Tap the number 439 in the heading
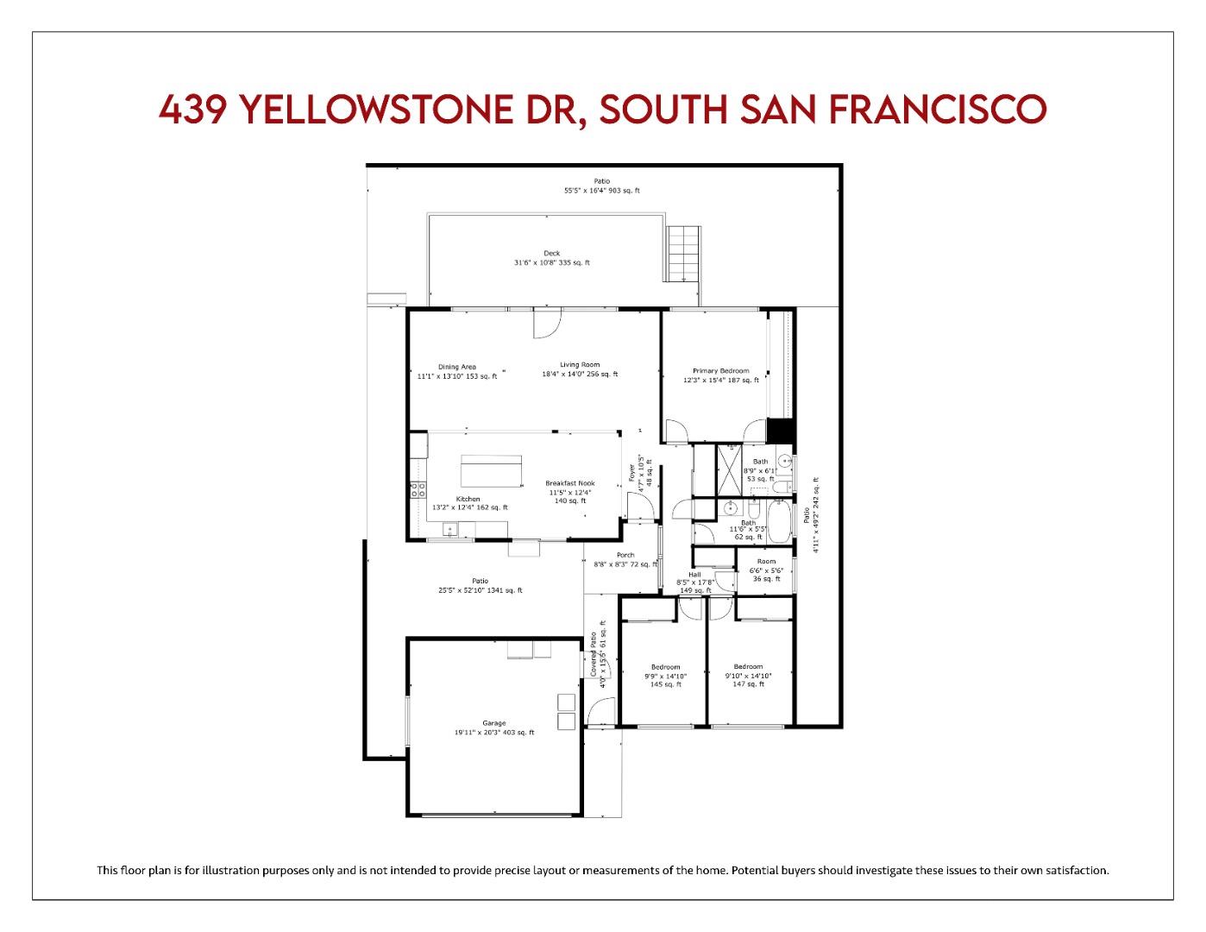[x=193, y=110]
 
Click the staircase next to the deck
[x=681, y=253]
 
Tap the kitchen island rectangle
[x=492, y=472]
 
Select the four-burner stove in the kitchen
[x=417, y=490]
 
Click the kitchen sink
[x=450, y=530]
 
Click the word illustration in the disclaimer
[x=225, y=870]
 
